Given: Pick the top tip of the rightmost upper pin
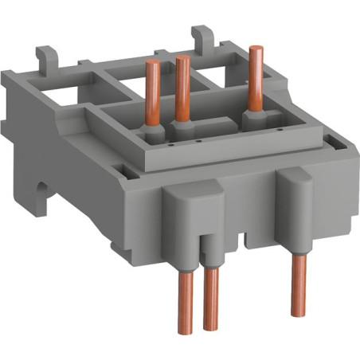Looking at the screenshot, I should [x=255, y=49].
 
